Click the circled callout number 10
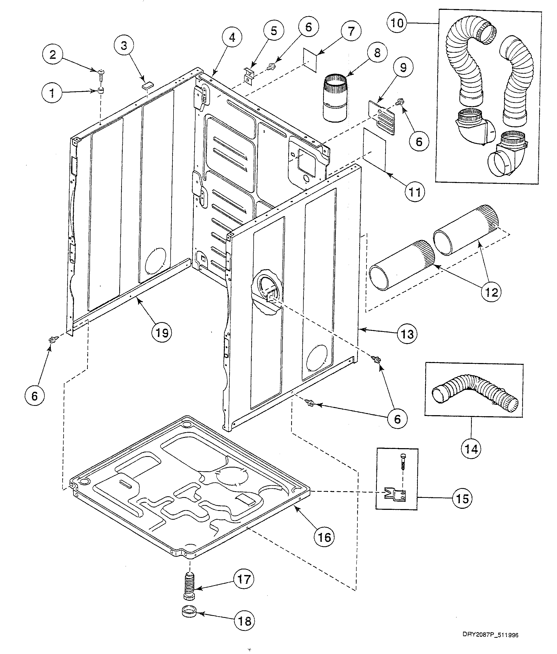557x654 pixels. [398, 23]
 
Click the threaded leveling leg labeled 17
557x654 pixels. [189, 588]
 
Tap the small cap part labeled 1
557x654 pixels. [101, 91]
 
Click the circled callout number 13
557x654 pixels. [407, 334]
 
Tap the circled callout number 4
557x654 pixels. [232, 38]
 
